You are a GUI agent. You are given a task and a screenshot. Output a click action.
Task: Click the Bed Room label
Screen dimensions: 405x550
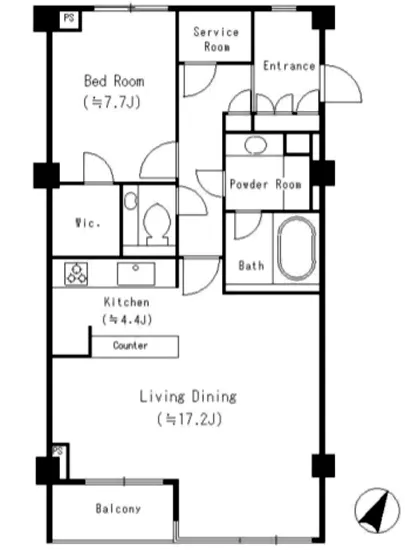point(114,81)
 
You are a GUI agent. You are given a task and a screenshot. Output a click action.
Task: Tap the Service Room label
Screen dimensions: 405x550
point(216,39)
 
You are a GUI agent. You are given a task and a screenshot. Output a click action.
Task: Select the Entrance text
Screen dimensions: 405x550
point(289,66)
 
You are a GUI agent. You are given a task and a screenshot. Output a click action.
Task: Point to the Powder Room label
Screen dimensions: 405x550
point(265,184)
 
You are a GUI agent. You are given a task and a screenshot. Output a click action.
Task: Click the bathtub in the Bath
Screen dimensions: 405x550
point(297,249)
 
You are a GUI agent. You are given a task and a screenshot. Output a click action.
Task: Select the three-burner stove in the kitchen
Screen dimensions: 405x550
point(76,274)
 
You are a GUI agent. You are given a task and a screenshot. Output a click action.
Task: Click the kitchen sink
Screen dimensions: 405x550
point(136,274)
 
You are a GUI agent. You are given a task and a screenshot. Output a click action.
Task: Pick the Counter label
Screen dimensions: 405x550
point(130,346)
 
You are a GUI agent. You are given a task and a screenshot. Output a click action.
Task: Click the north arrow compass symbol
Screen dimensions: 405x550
point(377,510)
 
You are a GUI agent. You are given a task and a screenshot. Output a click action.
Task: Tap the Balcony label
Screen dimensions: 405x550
point(118,509)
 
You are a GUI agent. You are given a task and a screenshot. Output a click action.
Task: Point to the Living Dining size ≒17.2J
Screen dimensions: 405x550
point(189,419)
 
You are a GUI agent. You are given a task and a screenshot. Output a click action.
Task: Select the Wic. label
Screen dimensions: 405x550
point(88,222)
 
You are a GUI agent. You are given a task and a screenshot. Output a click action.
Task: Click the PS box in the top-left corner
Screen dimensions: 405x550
point(69,18)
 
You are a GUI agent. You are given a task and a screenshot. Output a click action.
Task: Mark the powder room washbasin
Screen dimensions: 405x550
point(256,145)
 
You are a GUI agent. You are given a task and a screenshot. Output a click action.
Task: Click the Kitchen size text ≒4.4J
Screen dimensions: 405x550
point(127,320)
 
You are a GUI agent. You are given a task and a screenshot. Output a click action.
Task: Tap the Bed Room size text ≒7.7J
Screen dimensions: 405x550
point(112,102)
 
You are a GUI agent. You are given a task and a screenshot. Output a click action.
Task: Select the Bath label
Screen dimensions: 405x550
point(251,265)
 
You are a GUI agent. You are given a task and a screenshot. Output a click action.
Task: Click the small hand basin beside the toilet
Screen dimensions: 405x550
point(131,201)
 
